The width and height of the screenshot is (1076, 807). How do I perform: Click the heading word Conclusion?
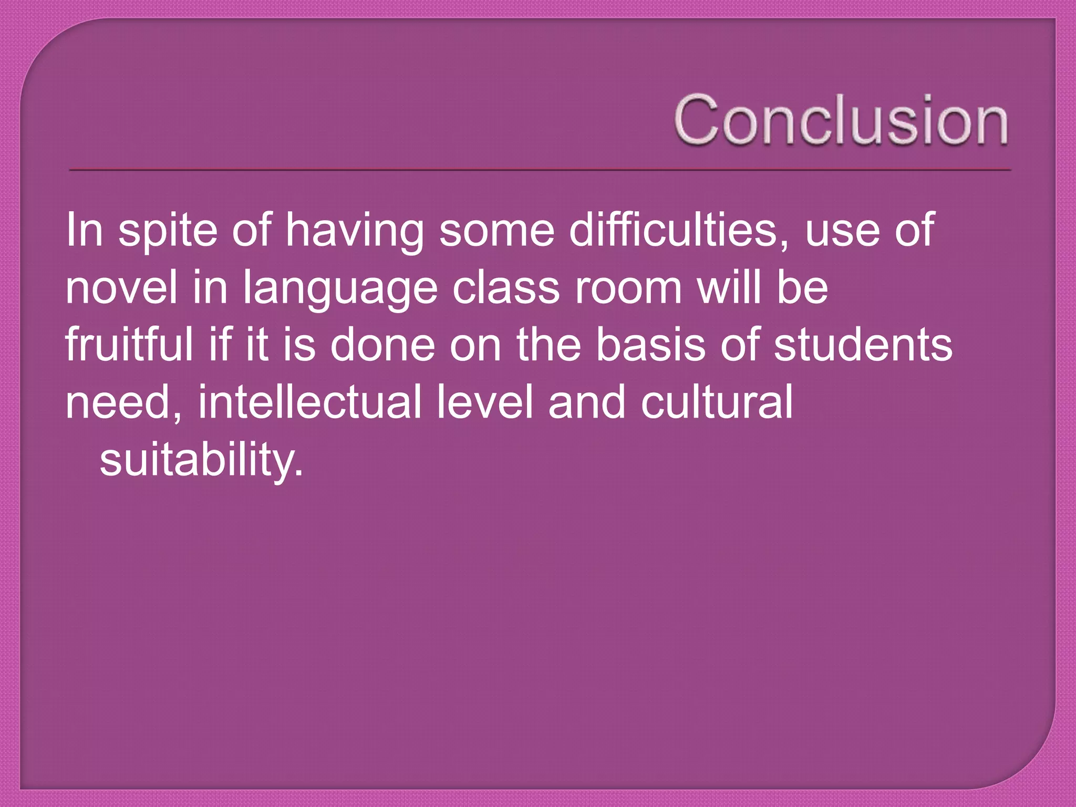click(x=841, y=120)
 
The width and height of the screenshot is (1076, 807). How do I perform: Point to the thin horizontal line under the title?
click(x=540, y=170)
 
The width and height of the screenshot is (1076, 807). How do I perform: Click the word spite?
click(x=168, y=231)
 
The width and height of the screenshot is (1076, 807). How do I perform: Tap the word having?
click(x=355, y=231)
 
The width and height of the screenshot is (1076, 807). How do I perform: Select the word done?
click(x=382, y=345)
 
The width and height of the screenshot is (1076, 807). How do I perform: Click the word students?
click(x=863, y=345)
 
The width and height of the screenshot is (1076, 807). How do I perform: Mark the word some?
click(x=496, y=231)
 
